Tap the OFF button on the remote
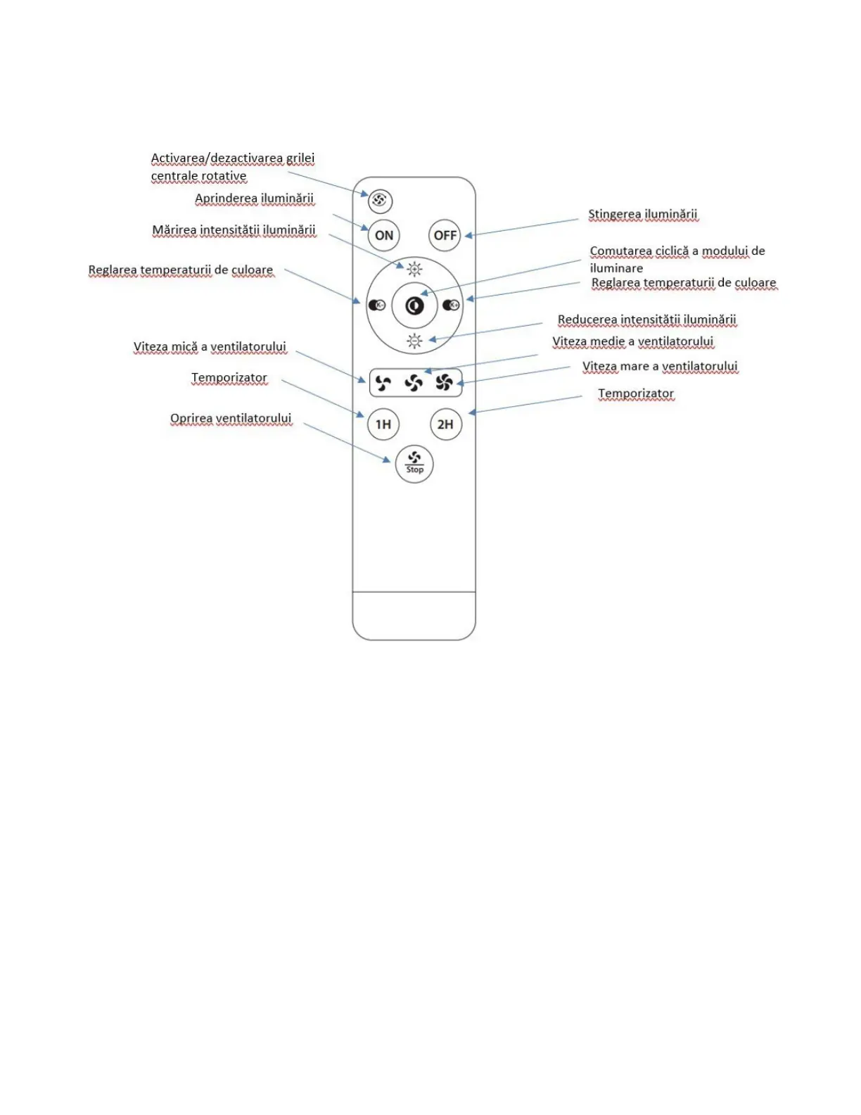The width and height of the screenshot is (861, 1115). pos(445,235)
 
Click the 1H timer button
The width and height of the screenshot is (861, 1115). pos(383,424)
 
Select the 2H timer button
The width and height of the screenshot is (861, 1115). pos(445,424)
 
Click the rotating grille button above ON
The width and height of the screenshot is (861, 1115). pos(380,201)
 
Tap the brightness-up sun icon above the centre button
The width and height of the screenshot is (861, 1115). pos(414,268)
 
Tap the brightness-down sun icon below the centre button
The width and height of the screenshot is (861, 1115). pos(414,341)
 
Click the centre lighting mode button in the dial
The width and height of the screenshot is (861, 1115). pos(414,305)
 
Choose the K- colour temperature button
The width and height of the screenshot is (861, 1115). pos(377,305)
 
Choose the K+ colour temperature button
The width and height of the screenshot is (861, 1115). pos(451,305)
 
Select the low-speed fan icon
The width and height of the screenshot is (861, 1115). pos(383,383)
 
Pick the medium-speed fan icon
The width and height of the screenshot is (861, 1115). pos(414,383)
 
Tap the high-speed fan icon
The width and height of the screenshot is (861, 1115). pos(444,382)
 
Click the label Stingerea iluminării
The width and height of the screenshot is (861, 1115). pos(643,214)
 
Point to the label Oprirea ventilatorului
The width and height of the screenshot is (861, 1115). pos(231,418)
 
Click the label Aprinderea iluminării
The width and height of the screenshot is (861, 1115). pos(254,199)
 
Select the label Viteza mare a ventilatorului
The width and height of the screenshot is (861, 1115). pos(660,366)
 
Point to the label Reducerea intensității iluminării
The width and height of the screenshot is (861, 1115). pos(646,320)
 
